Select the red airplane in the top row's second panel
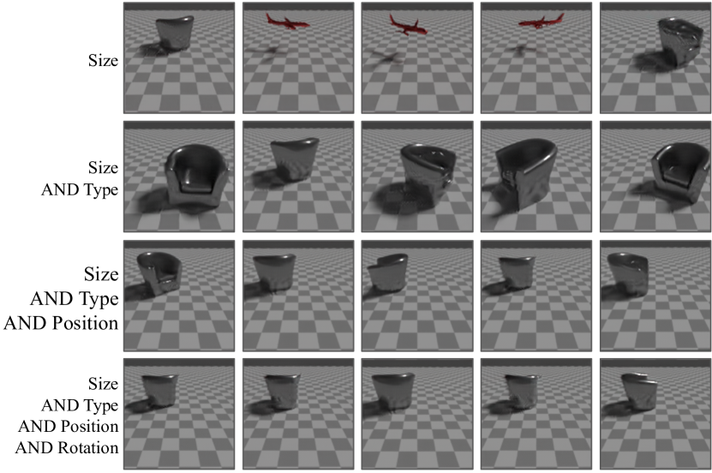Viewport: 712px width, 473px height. [287, 21]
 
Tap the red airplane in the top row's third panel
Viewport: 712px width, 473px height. [407, 26]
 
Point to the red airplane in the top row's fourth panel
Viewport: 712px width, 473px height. [541, 21]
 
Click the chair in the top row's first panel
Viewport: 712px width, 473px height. [175, 33]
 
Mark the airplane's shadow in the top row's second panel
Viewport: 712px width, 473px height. [267, 52]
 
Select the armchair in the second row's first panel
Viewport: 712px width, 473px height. [196, 177]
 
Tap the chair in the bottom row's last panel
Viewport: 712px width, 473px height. [638, 392]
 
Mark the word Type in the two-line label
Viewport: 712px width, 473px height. [99, 190]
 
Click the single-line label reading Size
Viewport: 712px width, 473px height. [104, 60]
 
